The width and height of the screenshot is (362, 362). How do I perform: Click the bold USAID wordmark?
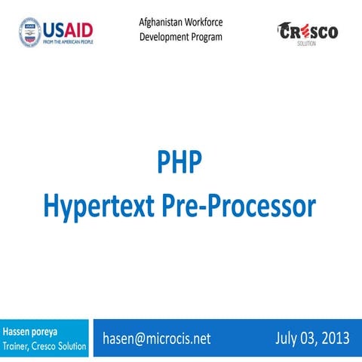(x=69, y=29)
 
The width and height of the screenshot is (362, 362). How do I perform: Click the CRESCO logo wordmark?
(x=308, y=32)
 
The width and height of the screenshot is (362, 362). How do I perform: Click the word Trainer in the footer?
(x=18, y=346)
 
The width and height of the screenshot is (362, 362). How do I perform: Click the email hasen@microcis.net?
(x=156, y=339)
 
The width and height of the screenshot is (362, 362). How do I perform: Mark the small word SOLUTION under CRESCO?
(x=308, y=44)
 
